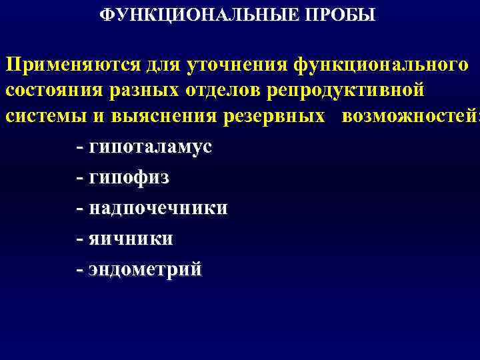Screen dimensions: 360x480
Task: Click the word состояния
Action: tap(53, 90)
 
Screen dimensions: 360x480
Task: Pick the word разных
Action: tap(144, 90)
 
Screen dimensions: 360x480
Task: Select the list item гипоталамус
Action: tap(150, 147)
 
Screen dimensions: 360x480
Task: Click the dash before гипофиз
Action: tap(80, 179)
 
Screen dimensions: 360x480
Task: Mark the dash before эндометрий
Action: tap(80, 269)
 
